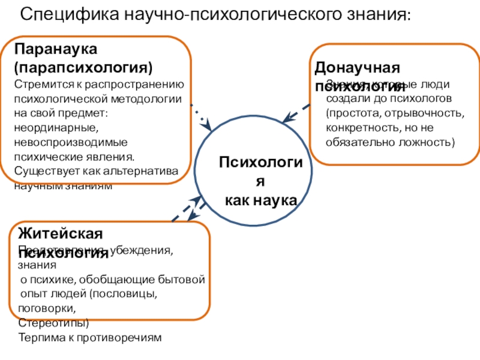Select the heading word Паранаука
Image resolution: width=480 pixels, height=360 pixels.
[56, 47]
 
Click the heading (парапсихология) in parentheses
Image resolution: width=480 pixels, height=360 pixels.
[84, 65]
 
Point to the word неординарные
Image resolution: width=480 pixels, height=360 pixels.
[53, 128]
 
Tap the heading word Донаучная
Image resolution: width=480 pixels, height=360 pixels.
[358, 67]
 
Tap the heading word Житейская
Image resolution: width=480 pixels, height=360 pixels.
[61, 233]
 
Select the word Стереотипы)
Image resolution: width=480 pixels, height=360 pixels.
[53, 323]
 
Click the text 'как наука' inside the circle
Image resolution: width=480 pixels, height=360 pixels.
[261, 200]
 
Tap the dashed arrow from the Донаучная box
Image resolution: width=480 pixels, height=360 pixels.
[296, 113]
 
